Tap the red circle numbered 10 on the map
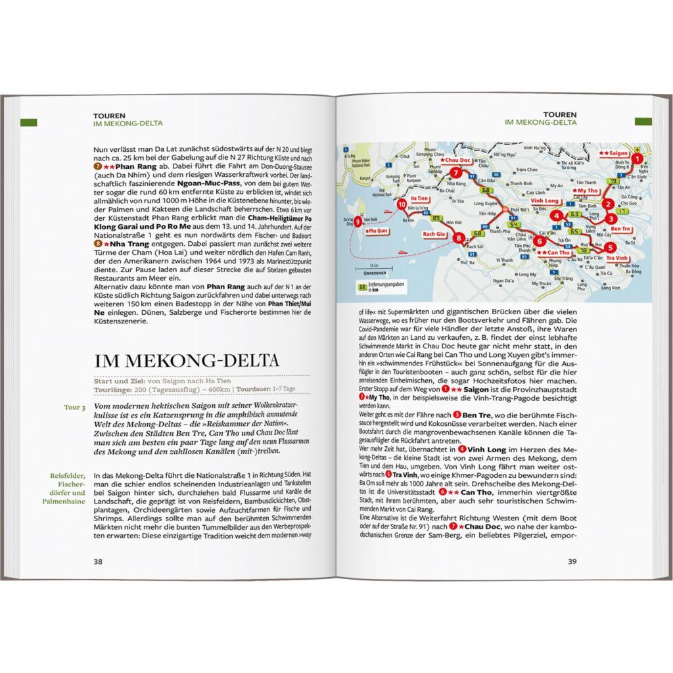402,204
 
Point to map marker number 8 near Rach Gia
459,239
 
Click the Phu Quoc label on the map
378,232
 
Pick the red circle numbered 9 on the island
358,222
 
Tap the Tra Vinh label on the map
618,258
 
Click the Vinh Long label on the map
543,201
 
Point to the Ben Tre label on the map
621,229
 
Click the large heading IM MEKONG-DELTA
186,361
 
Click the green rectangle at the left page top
29,122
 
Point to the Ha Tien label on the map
419,197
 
